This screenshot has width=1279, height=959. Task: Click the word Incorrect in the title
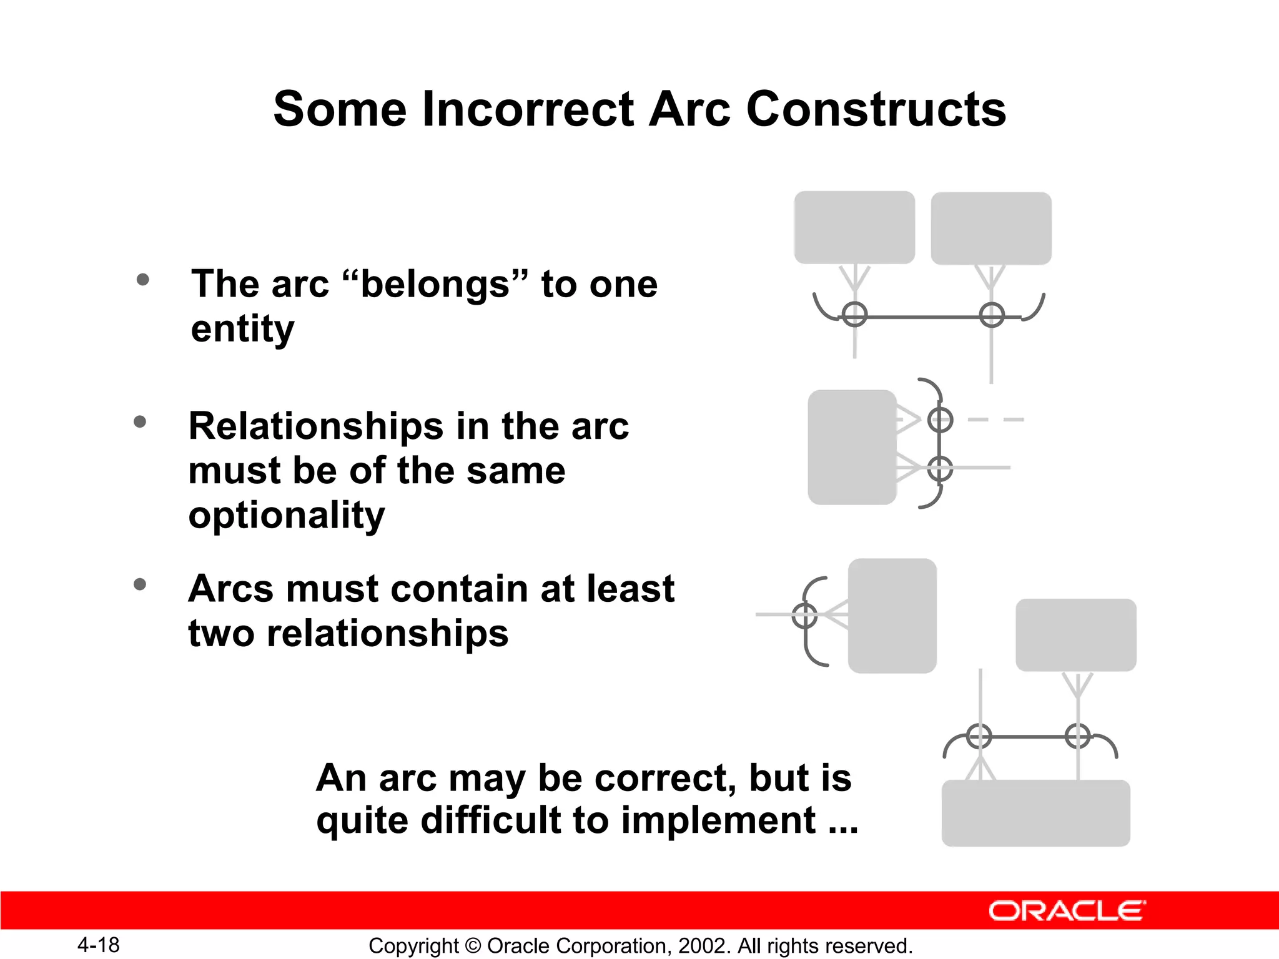coord(529,109)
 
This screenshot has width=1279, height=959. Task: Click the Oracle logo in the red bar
coord(1067,911)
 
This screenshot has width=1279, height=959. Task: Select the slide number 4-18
coord(98,945)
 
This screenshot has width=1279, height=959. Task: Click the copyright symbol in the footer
coord(473,946)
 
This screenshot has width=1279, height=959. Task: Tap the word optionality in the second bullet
coord(287,516)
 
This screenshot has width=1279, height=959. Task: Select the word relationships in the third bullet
coord(387,633)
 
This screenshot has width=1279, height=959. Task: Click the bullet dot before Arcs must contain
coord(140,585)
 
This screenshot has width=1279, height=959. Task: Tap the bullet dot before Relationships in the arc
coord(140,422)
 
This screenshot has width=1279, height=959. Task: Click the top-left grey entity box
coord(854,227)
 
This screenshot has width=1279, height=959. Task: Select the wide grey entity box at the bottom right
coord(1035,813)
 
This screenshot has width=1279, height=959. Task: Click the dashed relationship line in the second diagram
coord(995,420)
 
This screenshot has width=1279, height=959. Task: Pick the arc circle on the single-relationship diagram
coord(804,616)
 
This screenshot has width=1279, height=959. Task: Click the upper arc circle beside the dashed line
coord(940,420)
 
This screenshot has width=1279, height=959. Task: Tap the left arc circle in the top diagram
coord(854,314)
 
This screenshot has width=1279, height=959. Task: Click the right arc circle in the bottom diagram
coord(1078,736)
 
